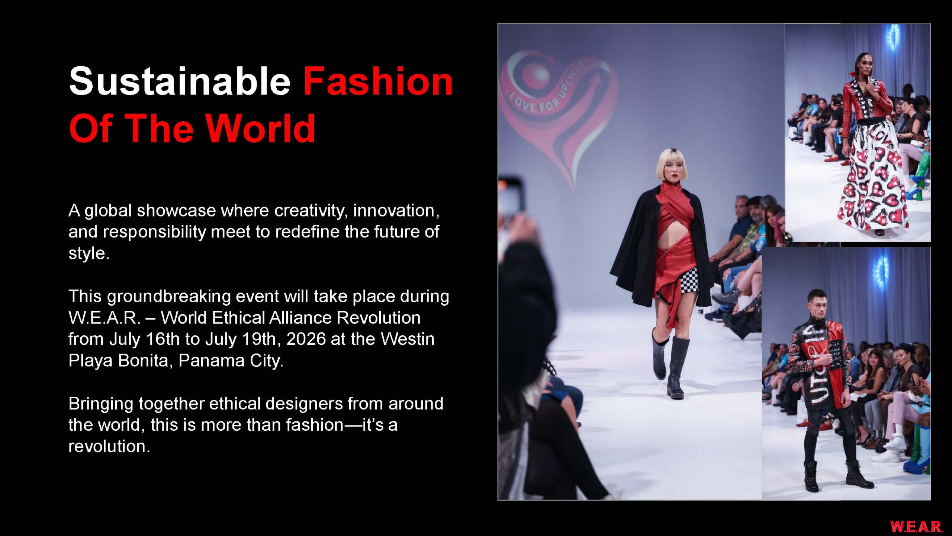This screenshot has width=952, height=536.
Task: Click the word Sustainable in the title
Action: [x=180, y=81]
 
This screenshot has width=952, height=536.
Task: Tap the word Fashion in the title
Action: [x=378, y=81]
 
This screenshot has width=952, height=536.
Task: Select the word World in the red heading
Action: [x=260, y=128]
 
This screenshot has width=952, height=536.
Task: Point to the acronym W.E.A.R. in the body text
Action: [x=104, y=318]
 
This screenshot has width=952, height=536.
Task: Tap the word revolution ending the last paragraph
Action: [x=109, y=446]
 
